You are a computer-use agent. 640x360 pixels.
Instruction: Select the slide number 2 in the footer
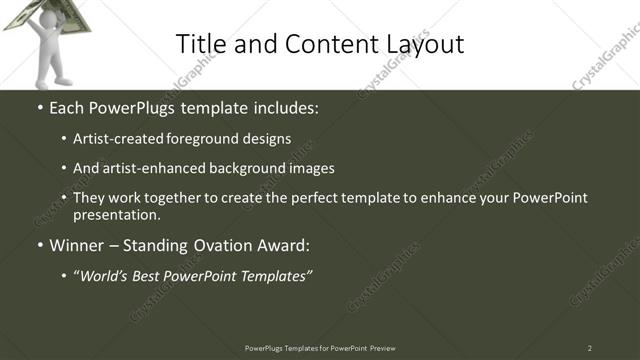click(590, 348)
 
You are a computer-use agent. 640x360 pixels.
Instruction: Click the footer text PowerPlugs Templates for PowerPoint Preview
click(320, 348)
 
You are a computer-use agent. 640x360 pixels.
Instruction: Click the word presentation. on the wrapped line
click(116, 215)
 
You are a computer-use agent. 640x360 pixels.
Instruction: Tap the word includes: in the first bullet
click(284, 106)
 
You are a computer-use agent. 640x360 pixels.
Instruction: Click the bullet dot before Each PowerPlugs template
click(40, 107)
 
